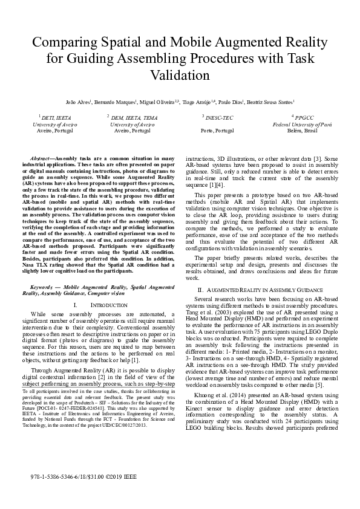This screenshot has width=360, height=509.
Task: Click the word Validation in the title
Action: (x=180, y=76)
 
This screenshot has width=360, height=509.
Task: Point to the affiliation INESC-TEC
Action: (x=216, y=118)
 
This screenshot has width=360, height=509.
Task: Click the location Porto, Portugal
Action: (x=216, y=130)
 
